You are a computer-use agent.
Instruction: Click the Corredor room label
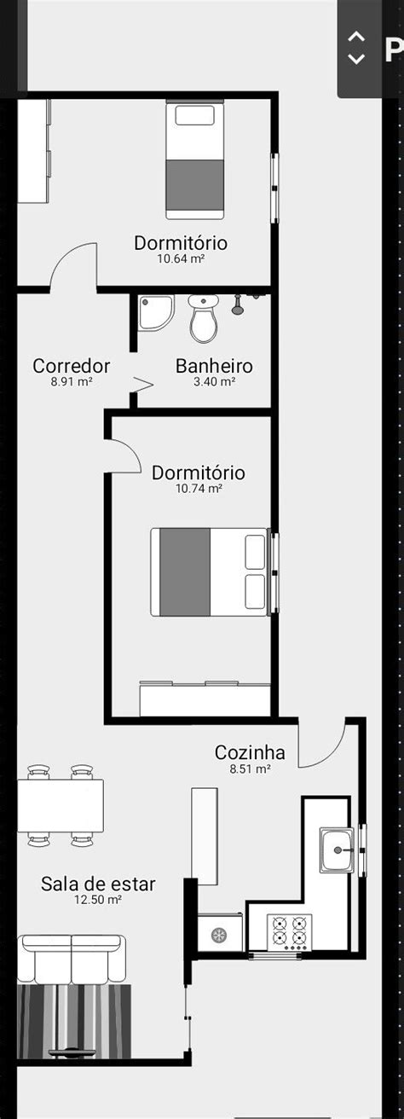click(x=71, y=366)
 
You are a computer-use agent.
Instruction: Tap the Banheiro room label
click(x=214, y=366)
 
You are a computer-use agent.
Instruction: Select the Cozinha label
click(x=250, y=752)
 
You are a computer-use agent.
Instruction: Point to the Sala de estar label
click(x=98, y=884)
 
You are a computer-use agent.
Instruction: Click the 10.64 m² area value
click(x=181, y=258)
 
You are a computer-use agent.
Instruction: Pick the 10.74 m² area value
click(x=199, y=488)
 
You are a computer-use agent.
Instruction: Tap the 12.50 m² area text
click(x=98, y=900)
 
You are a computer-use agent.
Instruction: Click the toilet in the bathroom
click(x=204, y=318)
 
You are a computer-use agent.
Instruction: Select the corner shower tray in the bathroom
click(x=156, y=312)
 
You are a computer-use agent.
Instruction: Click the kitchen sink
click(x=337, y=849)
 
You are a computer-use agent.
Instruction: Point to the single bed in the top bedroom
click(x=195, y=159)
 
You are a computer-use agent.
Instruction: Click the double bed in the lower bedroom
click(x=210, y=572)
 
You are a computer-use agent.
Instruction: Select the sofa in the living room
click(x=72, y=960)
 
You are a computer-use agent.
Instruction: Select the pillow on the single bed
click(x=195, y=115)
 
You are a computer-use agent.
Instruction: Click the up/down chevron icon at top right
click(x=355, y=48)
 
